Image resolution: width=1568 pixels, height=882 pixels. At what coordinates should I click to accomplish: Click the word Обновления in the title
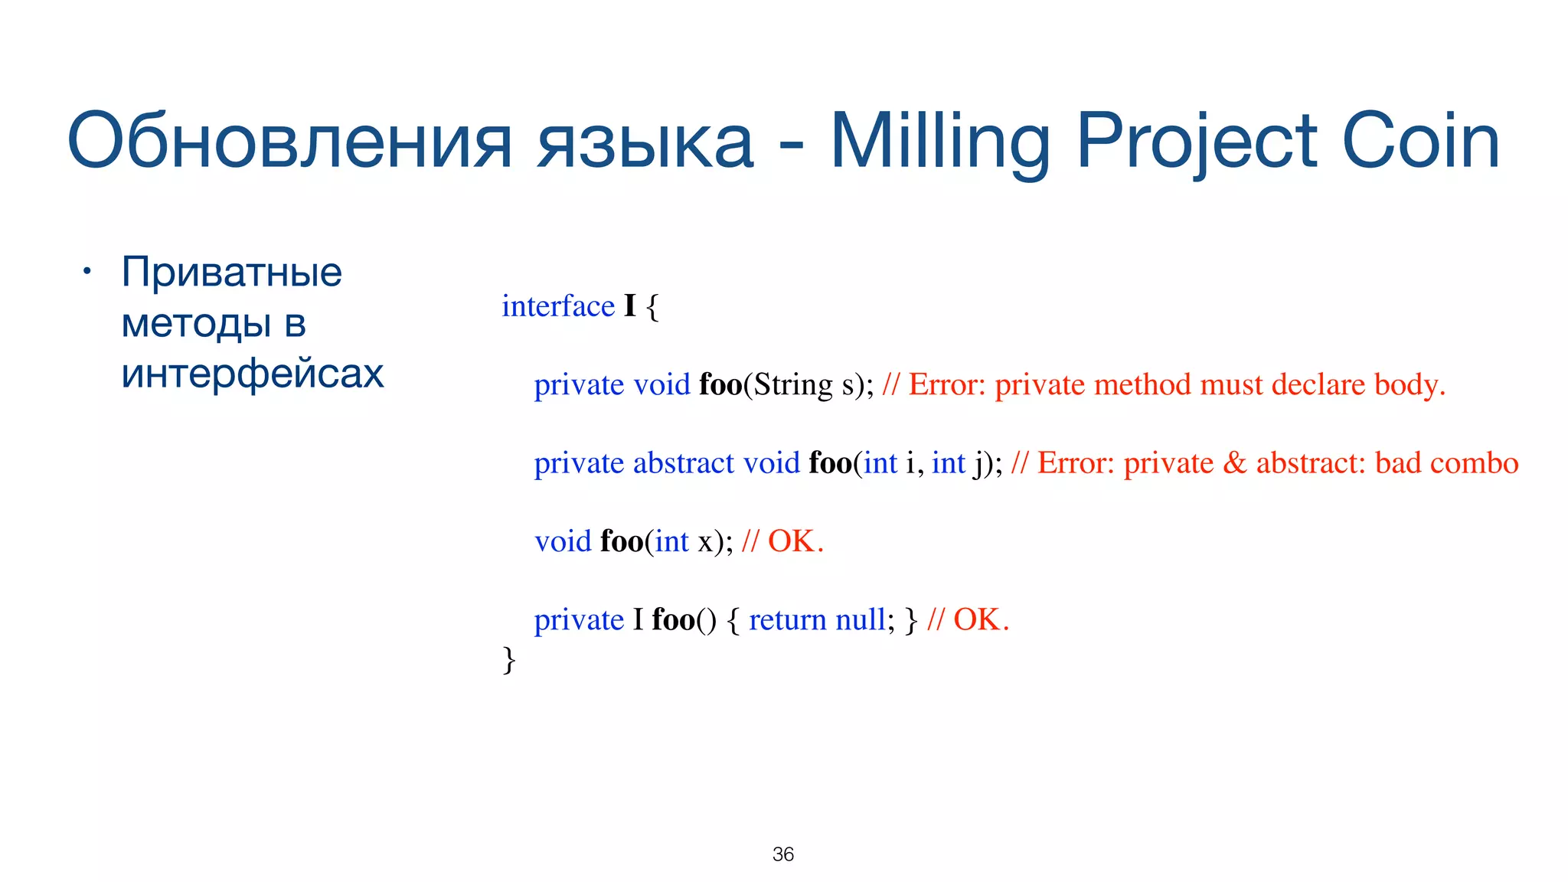pos(289,142)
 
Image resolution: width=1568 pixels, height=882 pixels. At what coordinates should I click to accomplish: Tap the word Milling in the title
pos(940,142)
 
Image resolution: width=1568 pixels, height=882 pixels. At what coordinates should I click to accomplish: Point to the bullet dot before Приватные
pos(87,272)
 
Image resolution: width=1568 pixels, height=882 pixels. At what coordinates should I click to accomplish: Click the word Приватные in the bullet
pos(231,272)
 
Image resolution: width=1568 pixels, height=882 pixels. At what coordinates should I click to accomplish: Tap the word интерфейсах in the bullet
pos(253,374)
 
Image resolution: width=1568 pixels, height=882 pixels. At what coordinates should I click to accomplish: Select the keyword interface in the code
pos(558,306)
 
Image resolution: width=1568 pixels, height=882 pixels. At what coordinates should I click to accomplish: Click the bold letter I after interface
pos(629,306)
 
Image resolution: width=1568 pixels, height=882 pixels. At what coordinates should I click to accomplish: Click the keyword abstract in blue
pos(684,463)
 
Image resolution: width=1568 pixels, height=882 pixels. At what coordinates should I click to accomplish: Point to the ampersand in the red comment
pos(1234,463)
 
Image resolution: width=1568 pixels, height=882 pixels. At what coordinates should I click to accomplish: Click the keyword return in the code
pos(788,620)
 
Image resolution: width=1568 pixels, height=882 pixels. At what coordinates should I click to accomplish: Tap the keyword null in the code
pos(861,620)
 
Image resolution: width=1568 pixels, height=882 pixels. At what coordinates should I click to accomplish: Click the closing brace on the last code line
pos(509,660)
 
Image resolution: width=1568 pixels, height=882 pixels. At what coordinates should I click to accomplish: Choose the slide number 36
pos(782,854)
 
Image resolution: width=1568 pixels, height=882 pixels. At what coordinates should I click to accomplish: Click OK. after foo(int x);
pos(795,542)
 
